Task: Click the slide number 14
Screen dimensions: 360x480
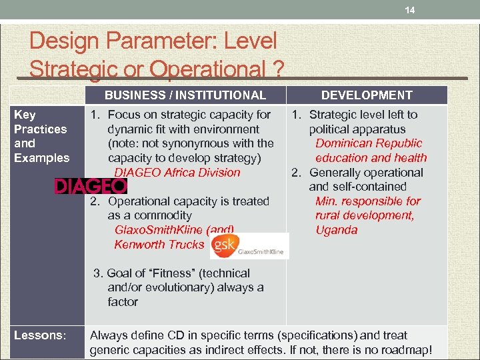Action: click(410, 11)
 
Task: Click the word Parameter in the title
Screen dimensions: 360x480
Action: click(151, 41)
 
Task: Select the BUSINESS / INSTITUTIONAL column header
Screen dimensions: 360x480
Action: click(185, 95)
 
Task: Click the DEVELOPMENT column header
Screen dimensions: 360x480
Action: click(367, 95)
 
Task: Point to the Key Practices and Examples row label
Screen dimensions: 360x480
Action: click(41, 136)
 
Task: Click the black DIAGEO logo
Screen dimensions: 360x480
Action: click(90, 186)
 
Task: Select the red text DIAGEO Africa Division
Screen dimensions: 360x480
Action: click(177, 172)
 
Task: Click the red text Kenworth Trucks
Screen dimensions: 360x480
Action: click(159, 244)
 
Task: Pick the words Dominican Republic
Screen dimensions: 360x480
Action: click(369, 143)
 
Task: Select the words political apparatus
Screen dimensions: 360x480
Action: click(357, 129)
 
